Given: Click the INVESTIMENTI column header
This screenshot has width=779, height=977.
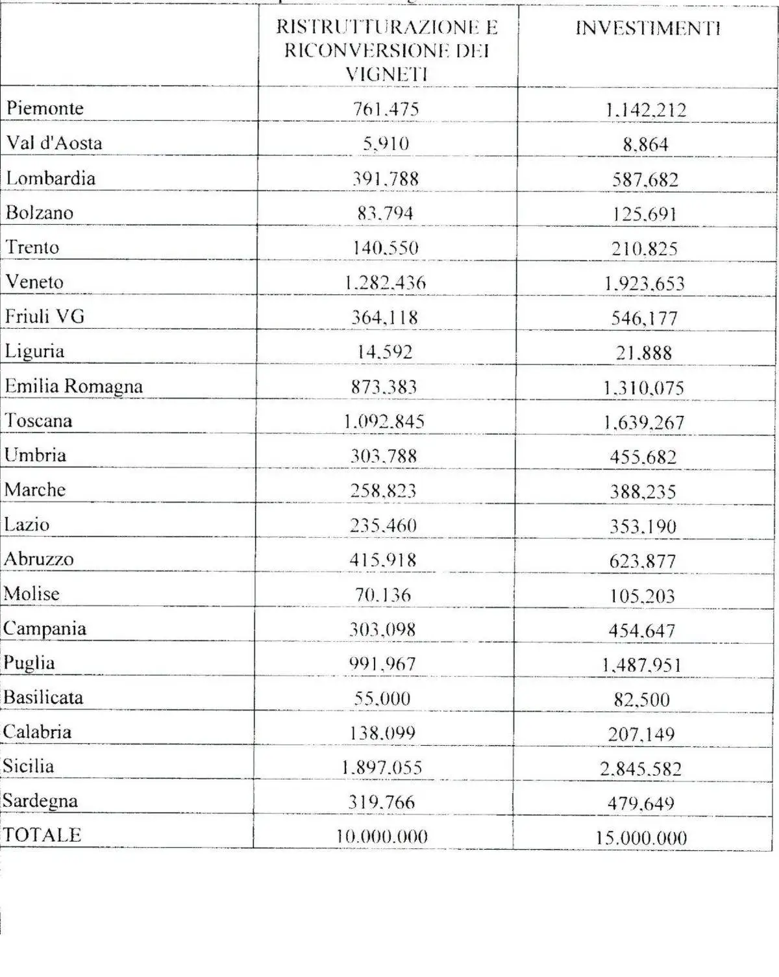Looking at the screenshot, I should (648, 29).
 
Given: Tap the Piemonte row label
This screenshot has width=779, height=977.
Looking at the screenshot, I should (45, 108).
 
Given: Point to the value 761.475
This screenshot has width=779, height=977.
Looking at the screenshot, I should (386, 109).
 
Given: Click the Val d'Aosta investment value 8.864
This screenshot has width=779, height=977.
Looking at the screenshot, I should (645, 144).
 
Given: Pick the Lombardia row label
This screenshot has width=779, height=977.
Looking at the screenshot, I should (51, 178).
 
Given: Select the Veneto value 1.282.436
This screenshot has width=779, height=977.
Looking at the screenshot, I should (385, 283).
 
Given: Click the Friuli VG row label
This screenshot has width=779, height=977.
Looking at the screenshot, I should (45, 316).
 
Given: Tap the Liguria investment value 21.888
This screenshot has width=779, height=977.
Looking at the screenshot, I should (644, 353).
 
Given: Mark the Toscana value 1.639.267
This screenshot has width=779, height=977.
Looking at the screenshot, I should (643, 422).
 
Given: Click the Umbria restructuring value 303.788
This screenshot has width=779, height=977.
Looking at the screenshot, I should (384, 456).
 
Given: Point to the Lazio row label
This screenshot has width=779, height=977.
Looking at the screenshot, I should (27, 524).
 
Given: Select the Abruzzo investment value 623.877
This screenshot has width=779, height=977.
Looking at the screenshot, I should (643, 561).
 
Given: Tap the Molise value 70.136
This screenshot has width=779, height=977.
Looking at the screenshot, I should (383, 594).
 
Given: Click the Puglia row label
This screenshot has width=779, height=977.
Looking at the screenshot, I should (29, 663).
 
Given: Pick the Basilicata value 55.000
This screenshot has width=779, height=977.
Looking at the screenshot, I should (382, 698).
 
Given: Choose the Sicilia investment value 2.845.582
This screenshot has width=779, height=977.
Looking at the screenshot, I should (641, 769).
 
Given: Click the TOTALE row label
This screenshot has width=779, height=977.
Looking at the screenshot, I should (42, 835).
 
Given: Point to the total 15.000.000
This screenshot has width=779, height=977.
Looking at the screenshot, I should (641, 838).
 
